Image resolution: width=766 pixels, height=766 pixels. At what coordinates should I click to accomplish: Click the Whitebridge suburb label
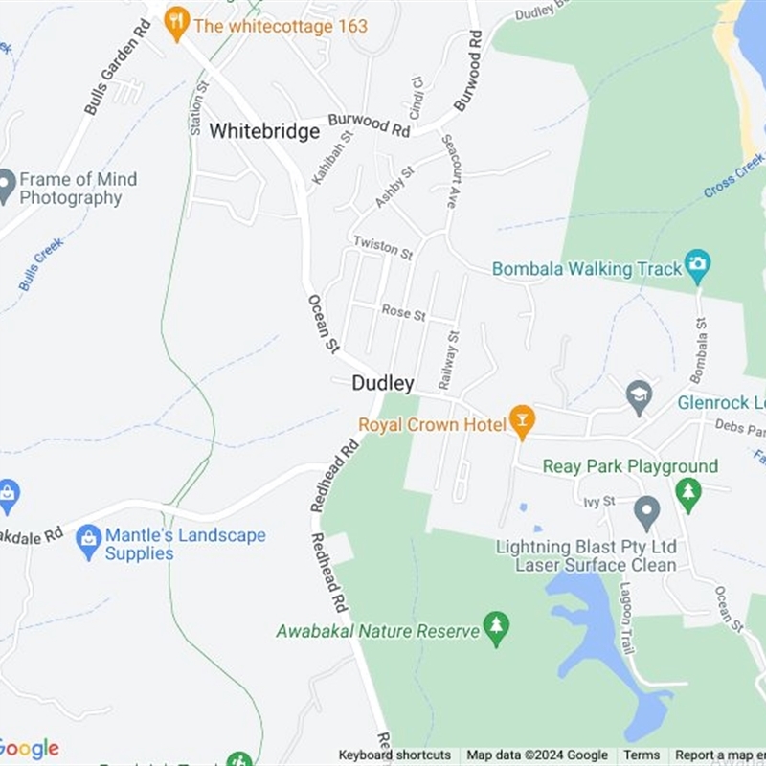[264, 131]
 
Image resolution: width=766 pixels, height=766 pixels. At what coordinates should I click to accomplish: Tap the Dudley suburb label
[383, 384]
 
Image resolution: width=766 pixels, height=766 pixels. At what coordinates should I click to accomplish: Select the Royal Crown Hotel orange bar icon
[522, 421]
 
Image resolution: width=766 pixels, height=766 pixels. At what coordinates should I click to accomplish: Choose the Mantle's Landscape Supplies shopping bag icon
[89, 542]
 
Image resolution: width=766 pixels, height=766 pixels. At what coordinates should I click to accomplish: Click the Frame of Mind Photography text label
[78, 189]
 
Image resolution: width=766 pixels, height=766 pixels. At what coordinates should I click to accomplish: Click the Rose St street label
[403, 311]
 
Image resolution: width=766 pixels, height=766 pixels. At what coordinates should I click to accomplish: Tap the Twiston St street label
[382, 247]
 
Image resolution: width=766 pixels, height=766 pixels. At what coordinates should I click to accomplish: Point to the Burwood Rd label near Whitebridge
[369, 124]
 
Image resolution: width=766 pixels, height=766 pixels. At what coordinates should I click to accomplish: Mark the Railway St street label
[448, 360]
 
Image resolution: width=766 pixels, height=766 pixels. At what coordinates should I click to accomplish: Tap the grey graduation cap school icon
[639, 395]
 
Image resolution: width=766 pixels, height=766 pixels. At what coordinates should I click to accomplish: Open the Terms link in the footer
[642, 755]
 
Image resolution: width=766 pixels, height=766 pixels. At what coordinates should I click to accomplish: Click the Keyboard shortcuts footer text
[394, 755]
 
